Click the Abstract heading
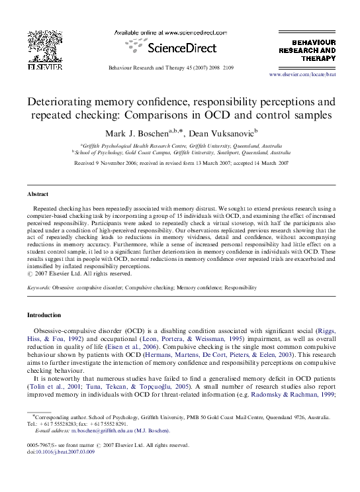(38, 194)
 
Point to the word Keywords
(38, 288)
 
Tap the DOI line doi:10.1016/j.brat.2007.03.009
(58, 454)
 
